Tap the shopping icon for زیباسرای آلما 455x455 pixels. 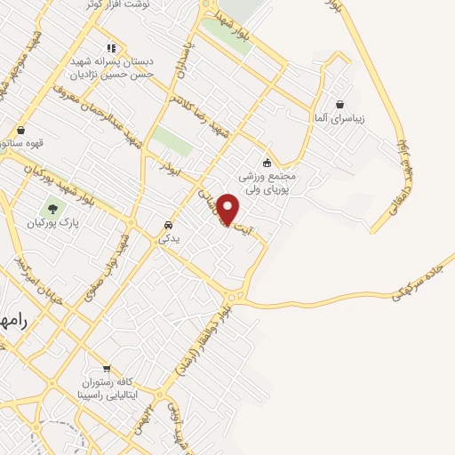339,104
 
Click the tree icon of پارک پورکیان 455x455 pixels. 53,210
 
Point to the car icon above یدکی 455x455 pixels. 168,224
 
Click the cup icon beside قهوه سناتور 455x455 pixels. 20,130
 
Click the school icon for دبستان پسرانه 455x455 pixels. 110,49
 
